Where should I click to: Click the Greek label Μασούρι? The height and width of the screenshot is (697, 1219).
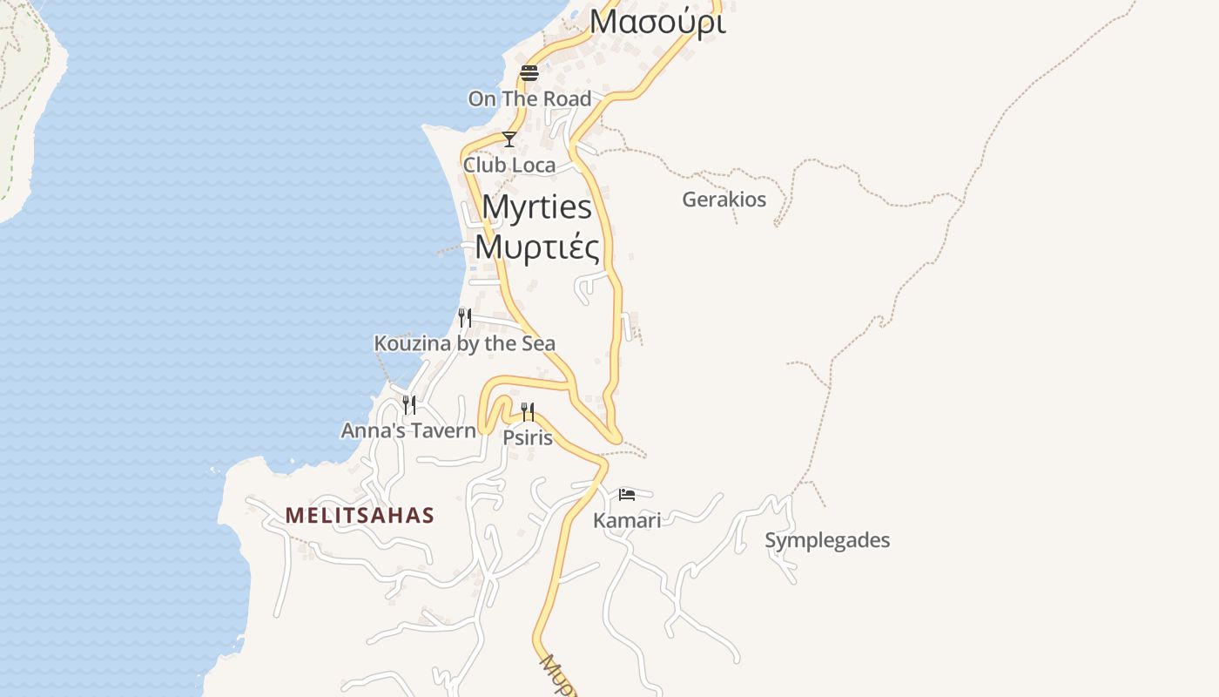(657, 22)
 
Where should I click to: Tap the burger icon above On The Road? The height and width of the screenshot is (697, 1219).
(529, 72)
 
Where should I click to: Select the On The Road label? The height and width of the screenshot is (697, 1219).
(529, 98)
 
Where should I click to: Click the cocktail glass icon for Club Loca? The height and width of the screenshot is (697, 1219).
(509, 139)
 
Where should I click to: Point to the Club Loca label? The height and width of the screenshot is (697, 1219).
(509, 165)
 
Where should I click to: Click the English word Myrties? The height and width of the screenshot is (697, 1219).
(536, 207)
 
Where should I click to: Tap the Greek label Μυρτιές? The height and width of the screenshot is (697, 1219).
(537, 247)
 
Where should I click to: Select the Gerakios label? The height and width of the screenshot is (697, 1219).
(724, 200)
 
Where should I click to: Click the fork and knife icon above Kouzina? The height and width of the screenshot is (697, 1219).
(465, 318)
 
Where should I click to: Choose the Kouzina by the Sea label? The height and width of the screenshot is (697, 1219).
(464, 343)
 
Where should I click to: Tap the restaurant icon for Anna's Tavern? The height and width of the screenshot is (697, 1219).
(408, 405)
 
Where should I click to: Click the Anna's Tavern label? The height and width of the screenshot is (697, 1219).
(408, 430)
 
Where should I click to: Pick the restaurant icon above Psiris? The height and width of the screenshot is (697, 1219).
(528, 412)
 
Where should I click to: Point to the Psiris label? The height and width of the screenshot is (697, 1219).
(528, 436)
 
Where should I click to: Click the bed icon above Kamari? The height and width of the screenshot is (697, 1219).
(627, 495)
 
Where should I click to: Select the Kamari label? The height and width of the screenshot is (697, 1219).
(627, 520)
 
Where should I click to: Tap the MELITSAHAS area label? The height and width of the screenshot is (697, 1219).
(360, 516)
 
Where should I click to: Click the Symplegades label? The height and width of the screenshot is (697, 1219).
(827, 540)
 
